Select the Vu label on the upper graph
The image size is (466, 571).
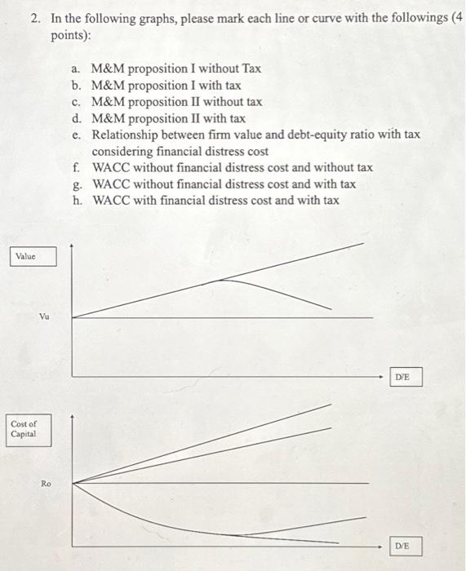click(x=46, y=316)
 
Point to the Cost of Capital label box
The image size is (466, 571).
click(x=26, y=429)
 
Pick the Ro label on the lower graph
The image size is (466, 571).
click(x=46, y=484)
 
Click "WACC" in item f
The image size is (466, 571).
click(x=111, y=167)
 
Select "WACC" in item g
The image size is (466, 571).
click(x=111, y=184)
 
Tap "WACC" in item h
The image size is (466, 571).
click(x=111, y=200)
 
